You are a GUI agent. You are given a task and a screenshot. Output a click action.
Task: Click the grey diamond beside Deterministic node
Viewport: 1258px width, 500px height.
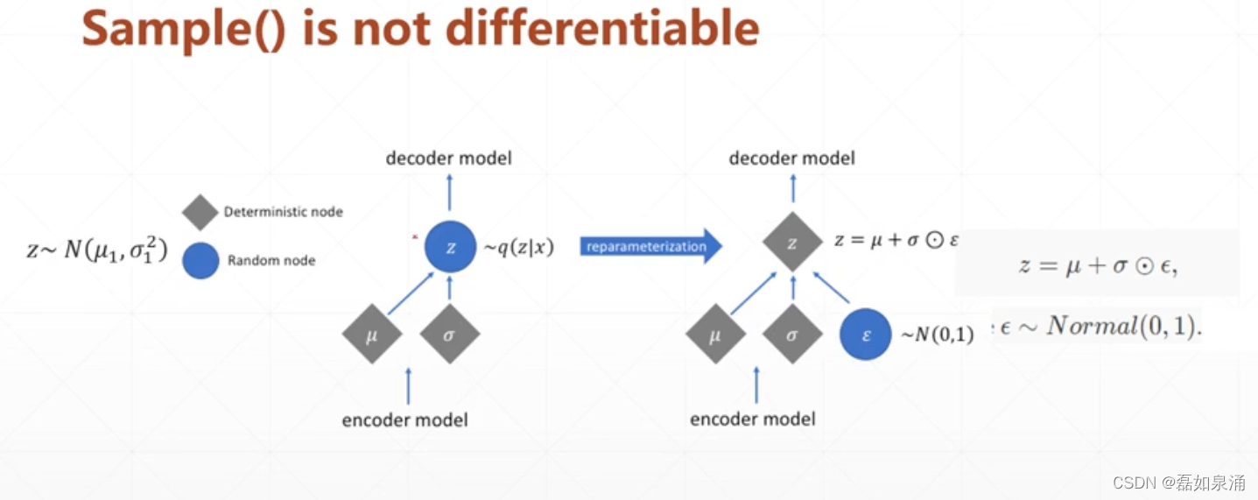coord(200,213)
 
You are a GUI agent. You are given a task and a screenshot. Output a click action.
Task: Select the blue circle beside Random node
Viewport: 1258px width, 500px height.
coord(200,260)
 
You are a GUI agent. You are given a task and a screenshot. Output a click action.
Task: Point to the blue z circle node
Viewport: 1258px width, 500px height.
coord(450,247)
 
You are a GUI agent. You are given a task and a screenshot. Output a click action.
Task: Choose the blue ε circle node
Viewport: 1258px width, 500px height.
coord(866,334)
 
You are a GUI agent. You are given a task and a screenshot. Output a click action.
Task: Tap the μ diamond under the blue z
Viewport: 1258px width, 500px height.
coord(372,334)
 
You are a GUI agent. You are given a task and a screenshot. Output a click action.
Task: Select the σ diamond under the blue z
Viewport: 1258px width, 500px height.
coord(449,334)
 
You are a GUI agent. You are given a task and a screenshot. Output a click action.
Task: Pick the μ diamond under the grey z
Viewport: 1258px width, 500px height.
coord(715,334)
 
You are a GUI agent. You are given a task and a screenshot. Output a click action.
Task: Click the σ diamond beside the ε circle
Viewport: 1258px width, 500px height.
coord(792,334)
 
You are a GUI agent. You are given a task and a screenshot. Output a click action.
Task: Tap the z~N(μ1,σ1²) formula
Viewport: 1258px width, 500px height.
coord(96,251)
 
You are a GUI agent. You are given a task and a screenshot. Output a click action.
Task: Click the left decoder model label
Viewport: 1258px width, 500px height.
coord(449,158)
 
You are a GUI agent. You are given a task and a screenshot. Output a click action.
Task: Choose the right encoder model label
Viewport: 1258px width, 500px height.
coord(753,419)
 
